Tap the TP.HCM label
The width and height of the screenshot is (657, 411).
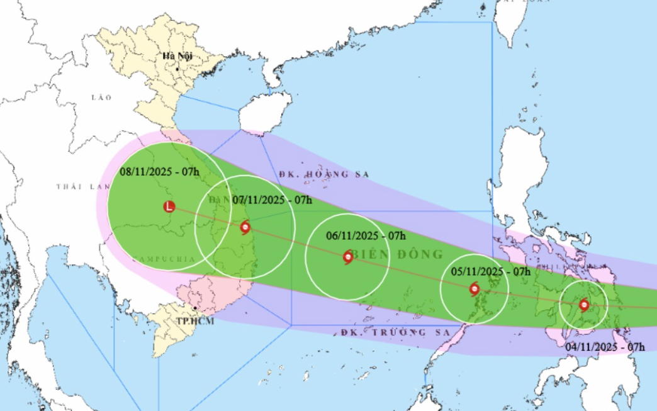[195, 321]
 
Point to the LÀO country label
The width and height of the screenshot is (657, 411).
[101, 97]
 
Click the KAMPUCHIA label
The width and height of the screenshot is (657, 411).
[157, 259]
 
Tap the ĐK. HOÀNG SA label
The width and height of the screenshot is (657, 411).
[323, 174]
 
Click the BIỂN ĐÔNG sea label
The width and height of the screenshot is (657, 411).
[396, 254]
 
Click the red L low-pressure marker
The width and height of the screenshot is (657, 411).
[169, 206]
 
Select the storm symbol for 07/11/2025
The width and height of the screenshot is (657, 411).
[245, 227]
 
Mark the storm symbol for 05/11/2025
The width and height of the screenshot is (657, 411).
[474, 290]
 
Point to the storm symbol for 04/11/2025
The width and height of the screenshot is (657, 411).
[583, 305]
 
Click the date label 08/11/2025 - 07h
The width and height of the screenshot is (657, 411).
[160, 171]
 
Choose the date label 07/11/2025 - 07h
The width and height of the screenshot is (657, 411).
[272, 200]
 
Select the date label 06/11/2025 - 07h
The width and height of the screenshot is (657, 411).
[366, 236]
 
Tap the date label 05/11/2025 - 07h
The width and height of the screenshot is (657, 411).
[491, 272]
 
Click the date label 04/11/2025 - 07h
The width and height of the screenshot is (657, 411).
[605, 347]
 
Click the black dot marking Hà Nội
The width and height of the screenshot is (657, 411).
[178, 68]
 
